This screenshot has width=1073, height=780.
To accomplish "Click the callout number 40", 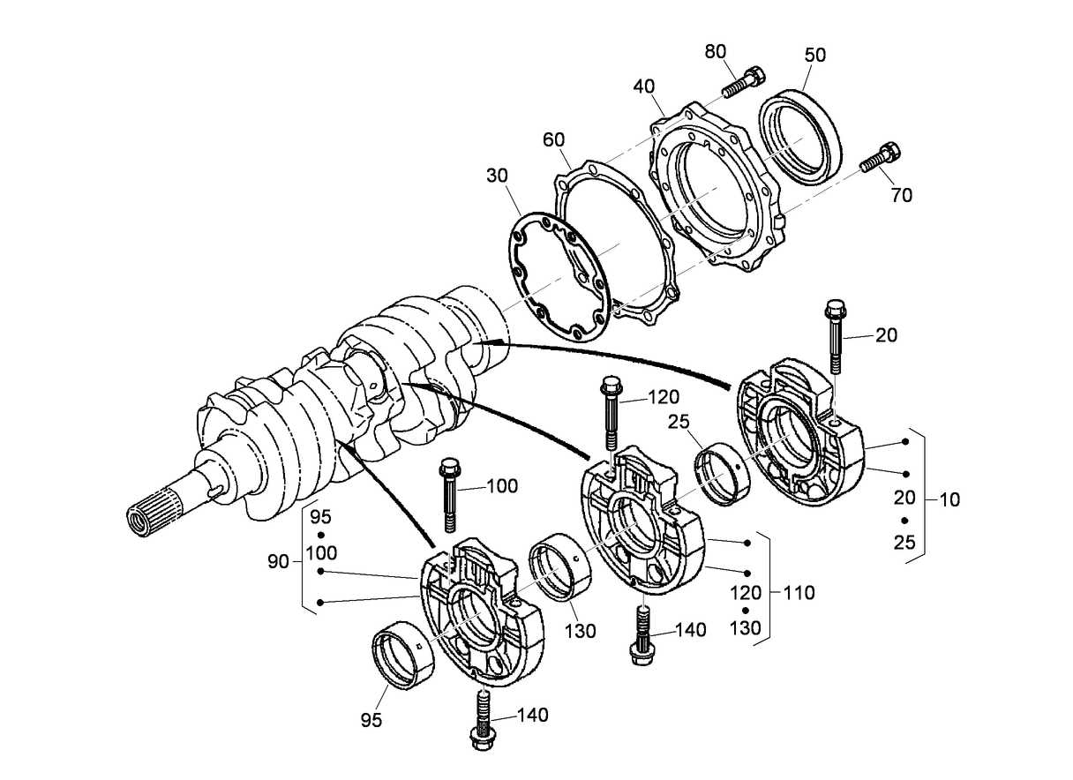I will coord(644,86).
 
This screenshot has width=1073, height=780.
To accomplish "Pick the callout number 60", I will coord(554,139).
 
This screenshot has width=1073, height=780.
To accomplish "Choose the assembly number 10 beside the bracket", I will coord(949,499).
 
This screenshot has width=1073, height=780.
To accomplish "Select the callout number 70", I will coord(902,195).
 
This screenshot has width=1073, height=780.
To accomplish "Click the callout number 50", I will coord(814,55).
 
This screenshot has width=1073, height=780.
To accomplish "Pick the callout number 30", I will coord(497,176).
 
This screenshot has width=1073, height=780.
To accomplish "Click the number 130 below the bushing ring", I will coord(580,631).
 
